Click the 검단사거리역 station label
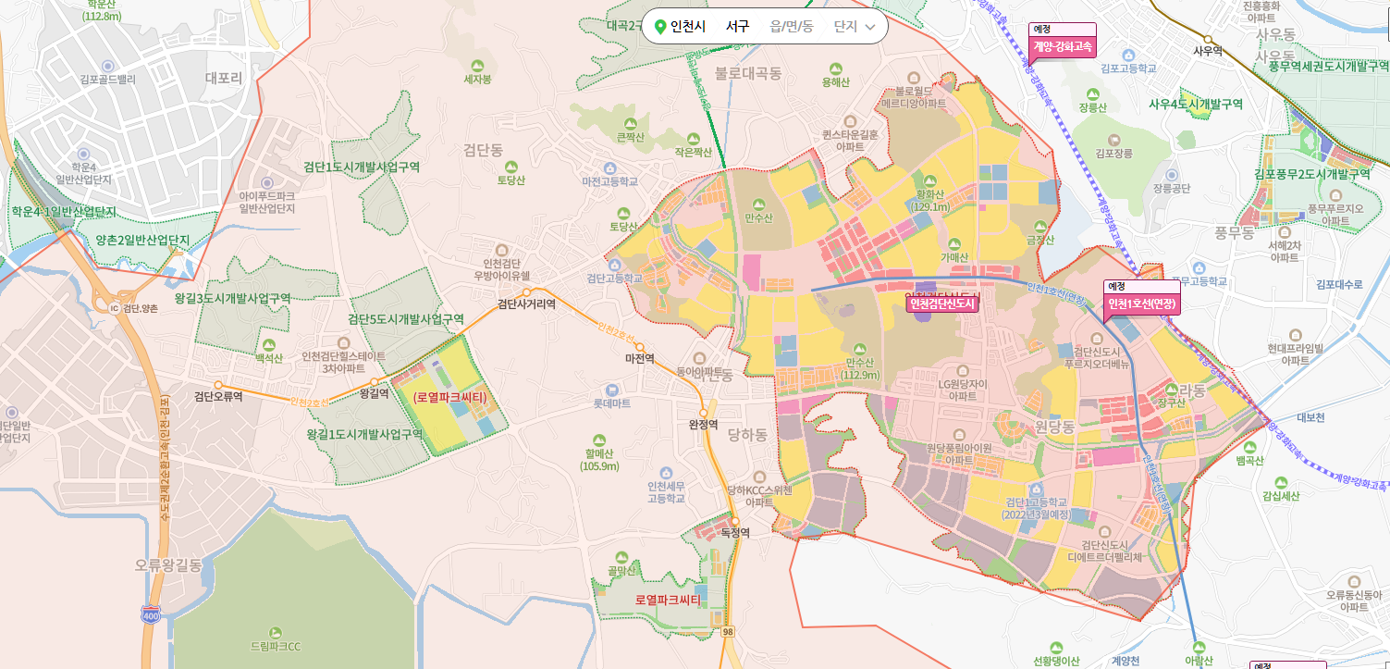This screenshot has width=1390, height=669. (x=526, y=304)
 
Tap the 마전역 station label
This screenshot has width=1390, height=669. (x=639, y=358)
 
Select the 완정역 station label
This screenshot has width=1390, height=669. (x=703, y=425)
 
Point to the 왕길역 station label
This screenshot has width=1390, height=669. (x=374, y=393)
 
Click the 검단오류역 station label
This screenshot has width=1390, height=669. (x=218, y=397)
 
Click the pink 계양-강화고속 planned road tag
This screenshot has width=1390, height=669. (x=1063, y=44)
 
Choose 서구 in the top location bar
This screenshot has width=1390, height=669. (x=737, y=27)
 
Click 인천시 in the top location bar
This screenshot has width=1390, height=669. (x=687, y=27)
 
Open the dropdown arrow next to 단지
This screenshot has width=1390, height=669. (x=869, y=27)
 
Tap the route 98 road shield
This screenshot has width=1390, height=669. (x=728, y=631)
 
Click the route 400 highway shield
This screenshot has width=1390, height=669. (x=150, y=614)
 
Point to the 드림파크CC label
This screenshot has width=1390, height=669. (x=276, y=646)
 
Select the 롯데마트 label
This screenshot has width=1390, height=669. (x=611, y=403)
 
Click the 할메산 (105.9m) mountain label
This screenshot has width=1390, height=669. (x=599, y=460)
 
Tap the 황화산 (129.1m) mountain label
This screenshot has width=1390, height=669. (x=930, y=201)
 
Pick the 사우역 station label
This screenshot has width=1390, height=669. (x=1208, y=51)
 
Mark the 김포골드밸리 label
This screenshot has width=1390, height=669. (x=108, y=80)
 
